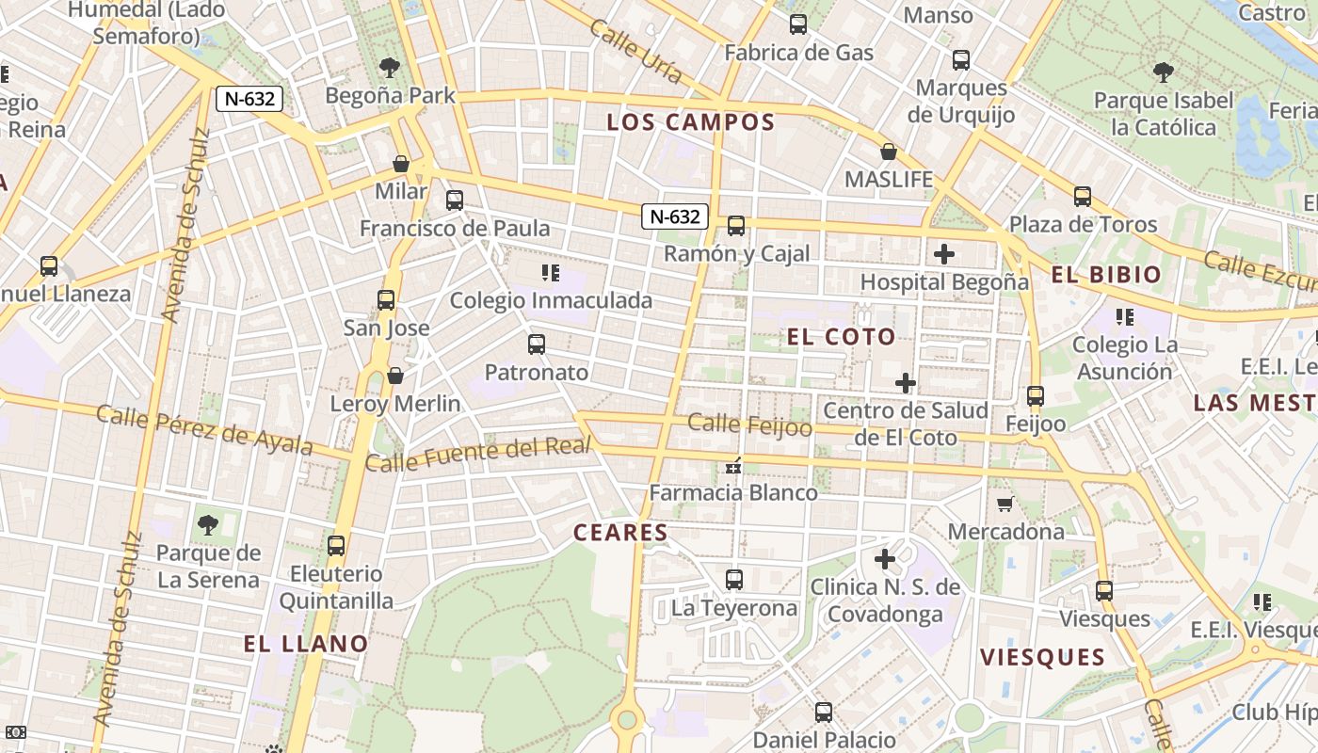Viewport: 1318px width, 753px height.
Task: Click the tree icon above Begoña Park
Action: tap(389, 68)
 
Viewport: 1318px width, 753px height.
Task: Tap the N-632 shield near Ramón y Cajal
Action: tap(675, 216)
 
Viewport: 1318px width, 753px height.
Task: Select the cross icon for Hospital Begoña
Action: tap(944, 254)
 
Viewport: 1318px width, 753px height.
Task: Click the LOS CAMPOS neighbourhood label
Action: tap(690, 122)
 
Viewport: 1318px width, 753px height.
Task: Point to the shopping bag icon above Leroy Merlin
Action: tap(395, 376)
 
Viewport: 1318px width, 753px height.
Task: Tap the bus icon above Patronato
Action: tap(537, 344)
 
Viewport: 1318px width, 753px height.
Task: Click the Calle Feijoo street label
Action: tap(749, 425)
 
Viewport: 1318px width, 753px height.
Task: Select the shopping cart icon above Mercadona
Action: tap(1005, 505)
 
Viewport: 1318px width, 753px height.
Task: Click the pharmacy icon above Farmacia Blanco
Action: tap(734, 466)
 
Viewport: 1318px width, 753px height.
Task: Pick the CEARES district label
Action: tap(620, 533)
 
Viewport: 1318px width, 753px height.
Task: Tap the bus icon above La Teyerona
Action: tap(734, 580)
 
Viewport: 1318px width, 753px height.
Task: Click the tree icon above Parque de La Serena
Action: tap(207, 525)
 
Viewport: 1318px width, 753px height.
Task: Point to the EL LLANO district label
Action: tap(306, 644)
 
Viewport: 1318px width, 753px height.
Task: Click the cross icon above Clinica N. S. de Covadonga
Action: tap(885, 559)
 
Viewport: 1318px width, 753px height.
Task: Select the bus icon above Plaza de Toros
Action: tap(1083, 197)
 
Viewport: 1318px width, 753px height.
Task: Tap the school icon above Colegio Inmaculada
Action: tap(551, 274)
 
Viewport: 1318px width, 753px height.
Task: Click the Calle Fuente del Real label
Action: tap(478, 455)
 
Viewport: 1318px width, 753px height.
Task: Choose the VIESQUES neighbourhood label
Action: tap(1042, 657)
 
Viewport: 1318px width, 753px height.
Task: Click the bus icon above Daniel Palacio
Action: tap(824, 713)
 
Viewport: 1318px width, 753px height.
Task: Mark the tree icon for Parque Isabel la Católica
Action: tap(1164, 72)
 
